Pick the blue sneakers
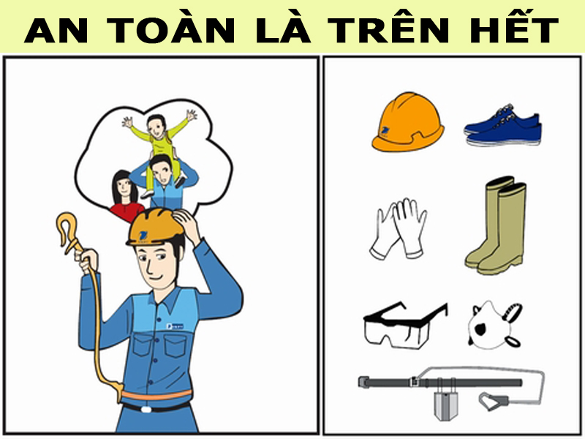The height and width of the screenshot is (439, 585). click(502, 128)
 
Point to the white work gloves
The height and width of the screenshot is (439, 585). click(399, 228)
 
